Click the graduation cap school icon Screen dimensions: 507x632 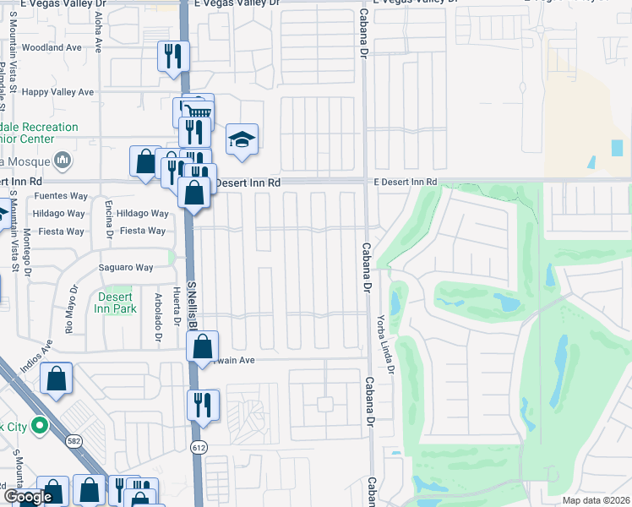tap(242, 139)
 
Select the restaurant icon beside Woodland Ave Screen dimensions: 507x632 tap(173, 56)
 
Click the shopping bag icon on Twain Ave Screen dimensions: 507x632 tap(203, 346)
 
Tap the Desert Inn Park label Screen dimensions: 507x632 tap(115, 303)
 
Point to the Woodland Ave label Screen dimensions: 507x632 tap(53, 48)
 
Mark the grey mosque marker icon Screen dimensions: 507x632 tap(62, 159)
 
